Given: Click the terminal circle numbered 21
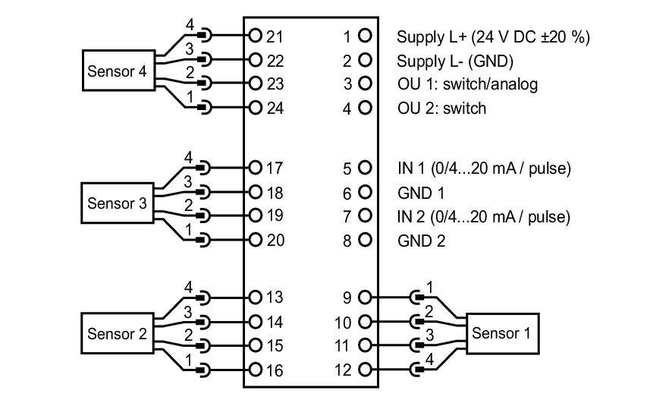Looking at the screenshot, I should tap(256, 35).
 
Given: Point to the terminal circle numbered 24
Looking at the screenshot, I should tap(256, 108).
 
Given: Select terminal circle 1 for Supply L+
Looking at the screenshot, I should tap(365, 36).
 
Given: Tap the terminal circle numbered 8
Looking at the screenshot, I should tap(365, 241).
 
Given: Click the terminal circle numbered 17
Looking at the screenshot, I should tap(256, 168).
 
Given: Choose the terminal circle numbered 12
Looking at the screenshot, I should tap(365, 370).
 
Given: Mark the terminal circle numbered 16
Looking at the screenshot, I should tap(256, 370).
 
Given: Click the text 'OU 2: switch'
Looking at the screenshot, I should tap(441, 109).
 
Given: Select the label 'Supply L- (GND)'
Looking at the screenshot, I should tap(455, 61).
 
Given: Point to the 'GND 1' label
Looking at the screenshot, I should tap(421, 193).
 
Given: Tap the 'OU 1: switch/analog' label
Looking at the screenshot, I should tap(467, 84).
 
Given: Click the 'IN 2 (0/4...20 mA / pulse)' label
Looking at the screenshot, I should tap(484, 217).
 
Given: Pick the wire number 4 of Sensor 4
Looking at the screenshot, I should tap(190, 25).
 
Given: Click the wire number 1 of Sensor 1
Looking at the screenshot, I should tap(430, 287).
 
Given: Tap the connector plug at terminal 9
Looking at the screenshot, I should tap(416, 298).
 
